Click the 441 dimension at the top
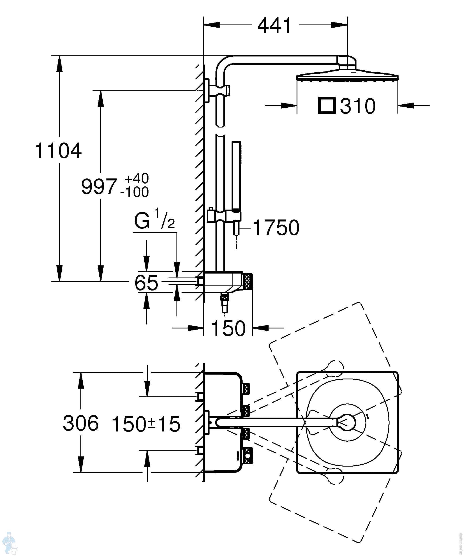(274, 26)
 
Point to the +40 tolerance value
(137, 178)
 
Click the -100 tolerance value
(135, 192)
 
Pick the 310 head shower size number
(358, 106)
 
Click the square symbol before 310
(327, 106)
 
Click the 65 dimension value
(146, 283)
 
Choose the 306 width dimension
(81, 423)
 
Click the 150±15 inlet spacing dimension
(146, 424)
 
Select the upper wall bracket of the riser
(217, 90)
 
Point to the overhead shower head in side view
(347, 76)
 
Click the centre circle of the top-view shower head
(348, 422)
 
